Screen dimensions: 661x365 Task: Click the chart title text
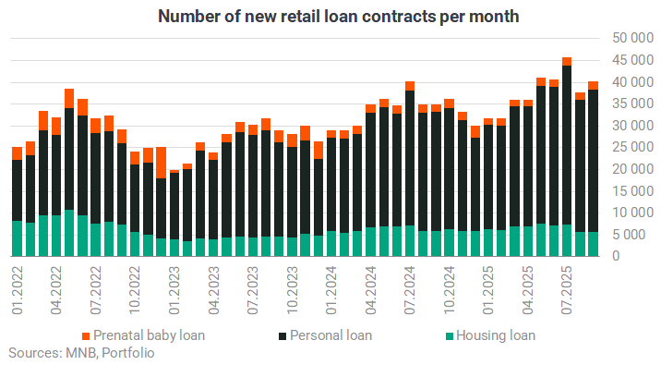point(338,17)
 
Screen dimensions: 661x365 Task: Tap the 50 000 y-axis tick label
point(632,38)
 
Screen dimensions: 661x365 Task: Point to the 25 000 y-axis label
point(632,147)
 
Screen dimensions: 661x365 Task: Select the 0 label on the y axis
point(616,256)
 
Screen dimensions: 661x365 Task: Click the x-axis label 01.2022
point(18,290)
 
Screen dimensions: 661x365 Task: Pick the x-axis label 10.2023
point(292,290)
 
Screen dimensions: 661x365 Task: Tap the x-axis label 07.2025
point(567,290)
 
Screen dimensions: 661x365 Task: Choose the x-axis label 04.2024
point(370,290)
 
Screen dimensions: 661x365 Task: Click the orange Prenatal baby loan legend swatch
point(86,336)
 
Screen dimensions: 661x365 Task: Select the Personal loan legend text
point(330,335)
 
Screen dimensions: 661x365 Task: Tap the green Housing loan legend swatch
point(450,336)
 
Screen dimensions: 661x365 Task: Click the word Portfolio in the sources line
point(128,353)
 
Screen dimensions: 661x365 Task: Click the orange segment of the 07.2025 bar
point(567,62)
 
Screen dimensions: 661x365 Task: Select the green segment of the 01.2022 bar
point(18,238)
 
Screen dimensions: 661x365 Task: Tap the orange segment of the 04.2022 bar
point(56,127)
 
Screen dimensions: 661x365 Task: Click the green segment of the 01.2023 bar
point(174,248)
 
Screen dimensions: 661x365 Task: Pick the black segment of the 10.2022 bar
point(135,198)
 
